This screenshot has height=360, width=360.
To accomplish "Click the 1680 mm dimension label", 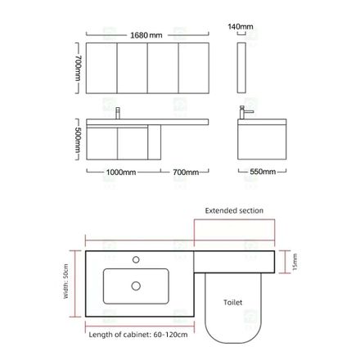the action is point(146,35).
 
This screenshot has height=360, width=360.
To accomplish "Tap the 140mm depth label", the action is point(241,26).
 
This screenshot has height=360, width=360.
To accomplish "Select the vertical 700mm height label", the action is point(78,68).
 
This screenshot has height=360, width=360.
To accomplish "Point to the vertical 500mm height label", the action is point(78,140).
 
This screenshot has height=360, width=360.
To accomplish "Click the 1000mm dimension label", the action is point(121,172).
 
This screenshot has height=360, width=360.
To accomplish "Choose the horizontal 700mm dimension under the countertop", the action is point(186,172).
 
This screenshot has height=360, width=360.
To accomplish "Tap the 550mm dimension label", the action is point(263,172).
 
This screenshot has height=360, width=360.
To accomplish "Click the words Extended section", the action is point(234,210).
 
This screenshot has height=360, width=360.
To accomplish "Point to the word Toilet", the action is point(232,302).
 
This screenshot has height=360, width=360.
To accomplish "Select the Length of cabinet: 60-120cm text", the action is point(138,335).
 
